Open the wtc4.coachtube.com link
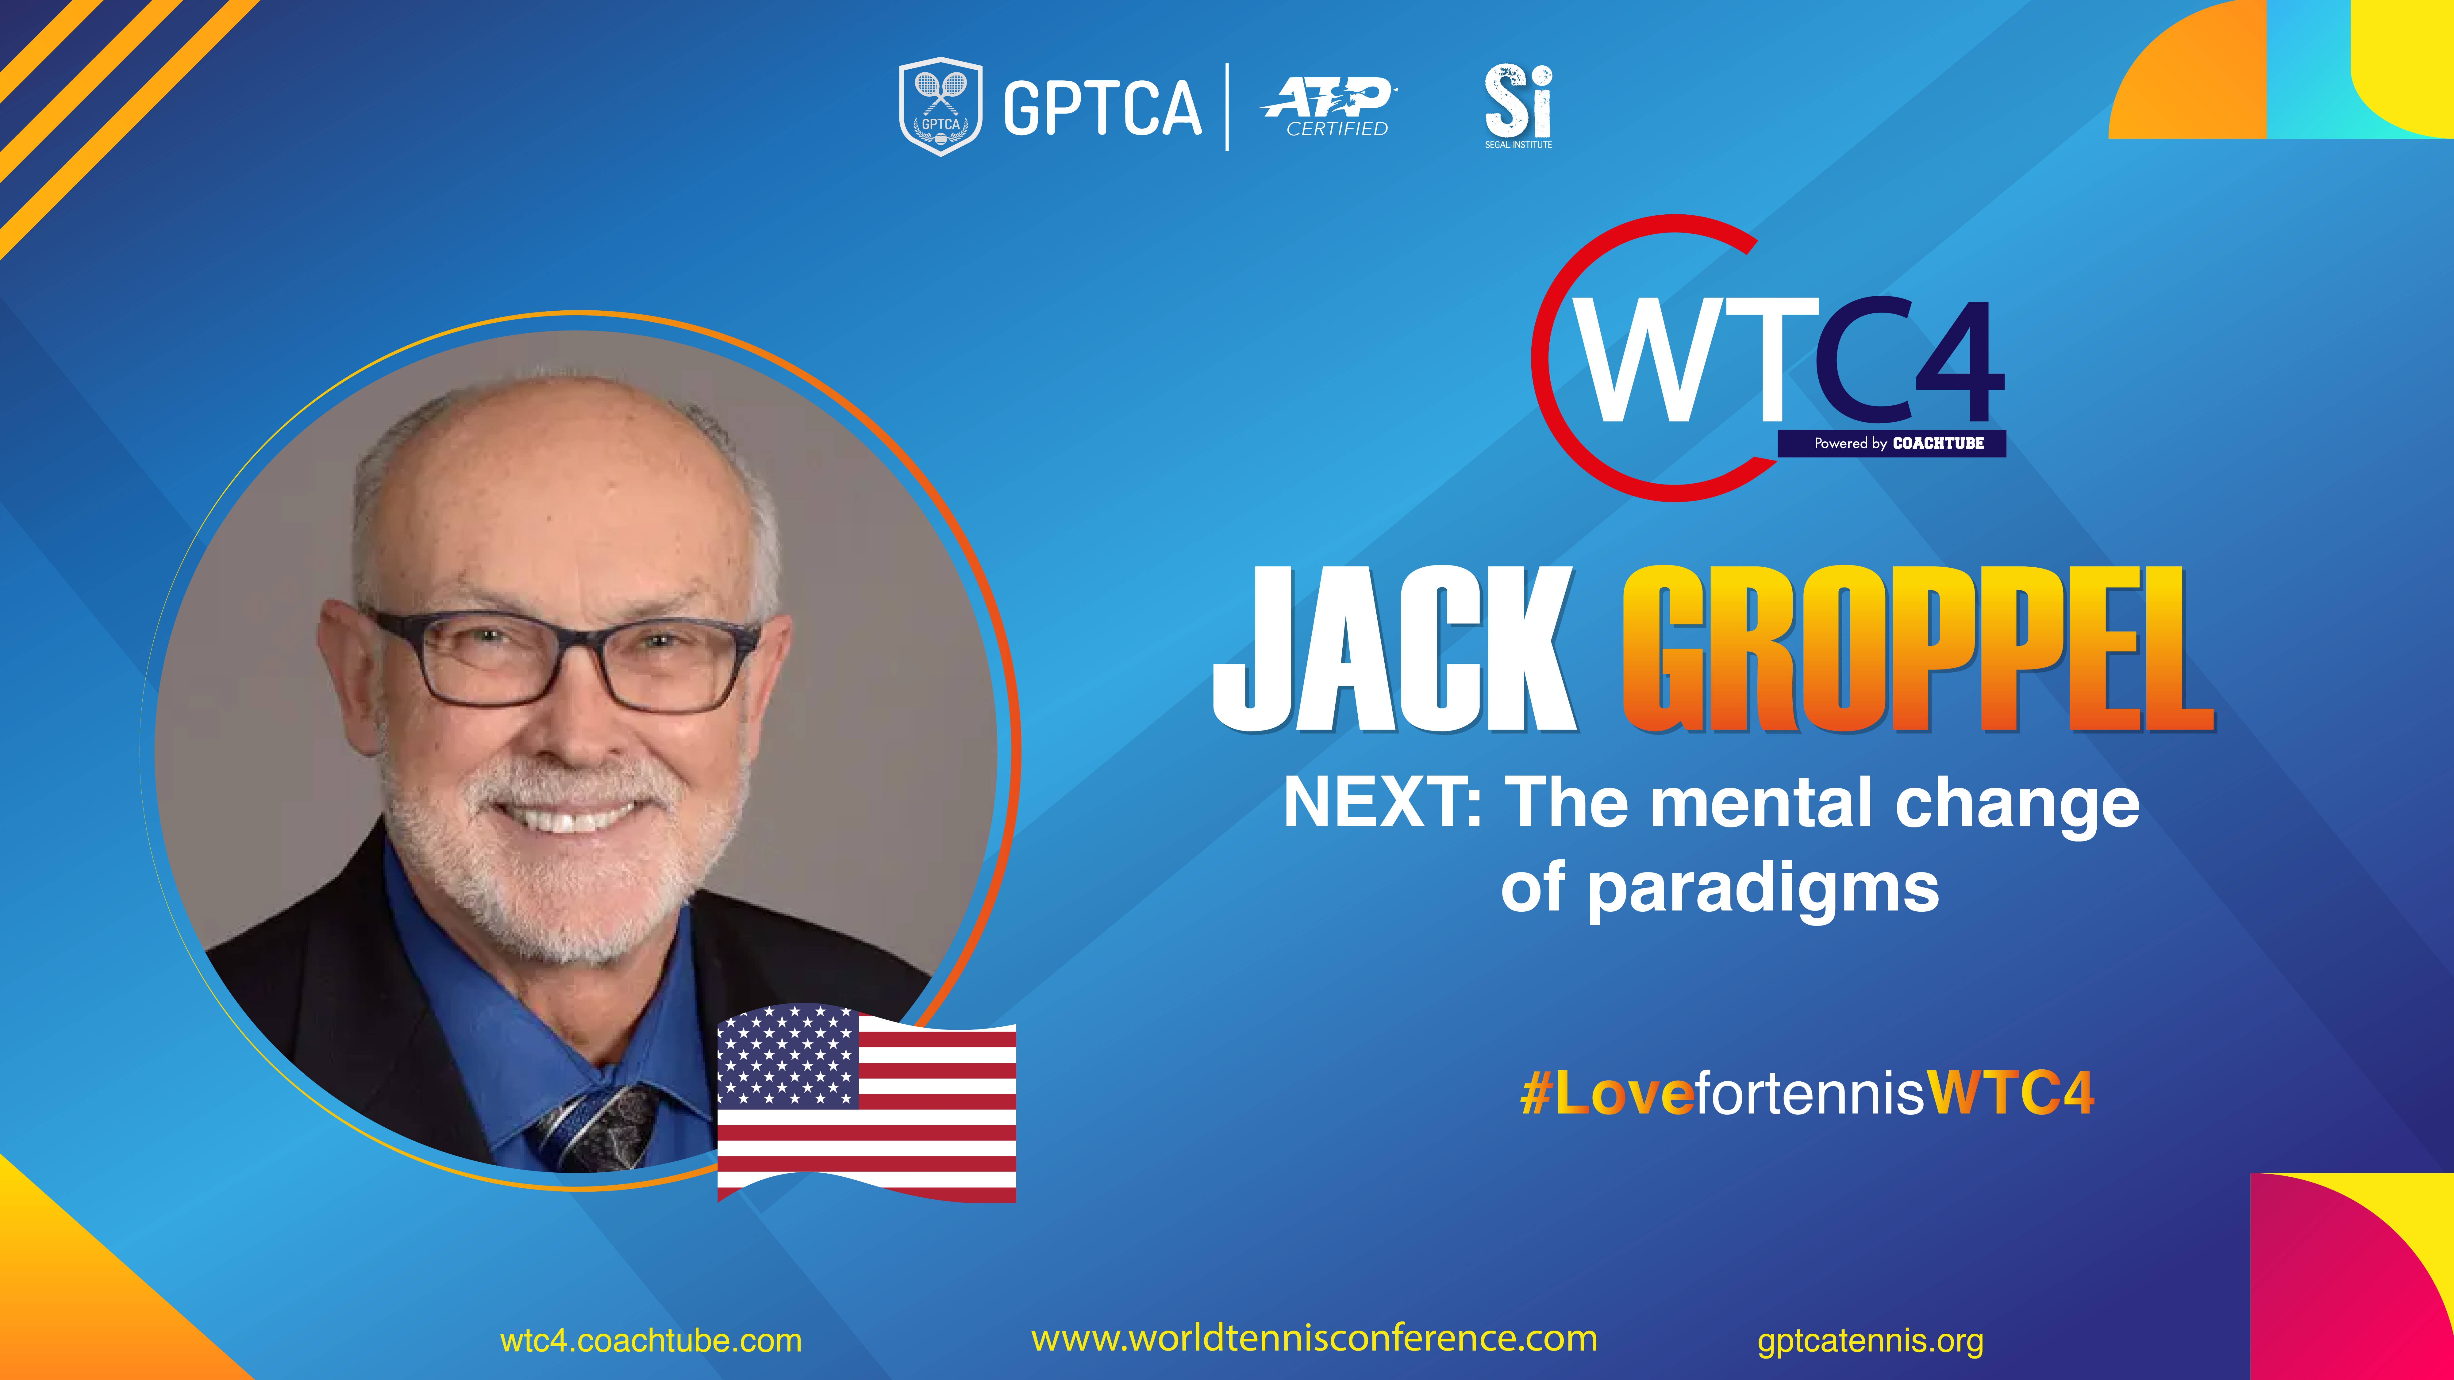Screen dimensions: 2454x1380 651,1341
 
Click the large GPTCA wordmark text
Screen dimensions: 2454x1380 1102,108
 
